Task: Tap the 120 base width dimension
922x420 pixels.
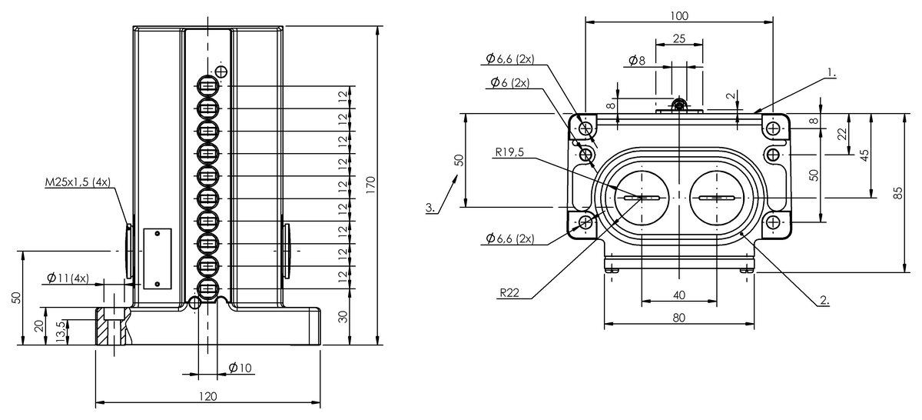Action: tap(207, 396)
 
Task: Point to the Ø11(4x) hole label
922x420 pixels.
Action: tap(68, 278)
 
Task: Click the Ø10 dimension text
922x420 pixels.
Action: tap(240, 368)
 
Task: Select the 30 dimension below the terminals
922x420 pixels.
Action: tap(343, 317)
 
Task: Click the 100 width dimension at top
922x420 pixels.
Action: tap(679, 15)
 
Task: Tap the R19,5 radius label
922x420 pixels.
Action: tap(509, 152)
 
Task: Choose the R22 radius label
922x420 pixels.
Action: tap(509, 293)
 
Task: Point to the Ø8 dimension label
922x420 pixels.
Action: tap(636, 60)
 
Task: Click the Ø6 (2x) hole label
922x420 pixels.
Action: tap(508, 83)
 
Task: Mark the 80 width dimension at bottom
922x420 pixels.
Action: tap(679, 317)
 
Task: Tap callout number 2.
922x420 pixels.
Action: tap(824, 302)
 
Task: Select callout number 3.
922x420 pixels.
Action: tap(431, 208)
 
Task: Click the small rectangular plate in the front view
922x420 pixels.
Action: tap(157, 258)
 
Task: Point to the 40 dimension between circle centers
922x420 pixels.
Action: tap(679, 295)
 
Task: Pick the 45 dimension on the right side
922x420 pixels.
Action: tap(864, 155)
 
